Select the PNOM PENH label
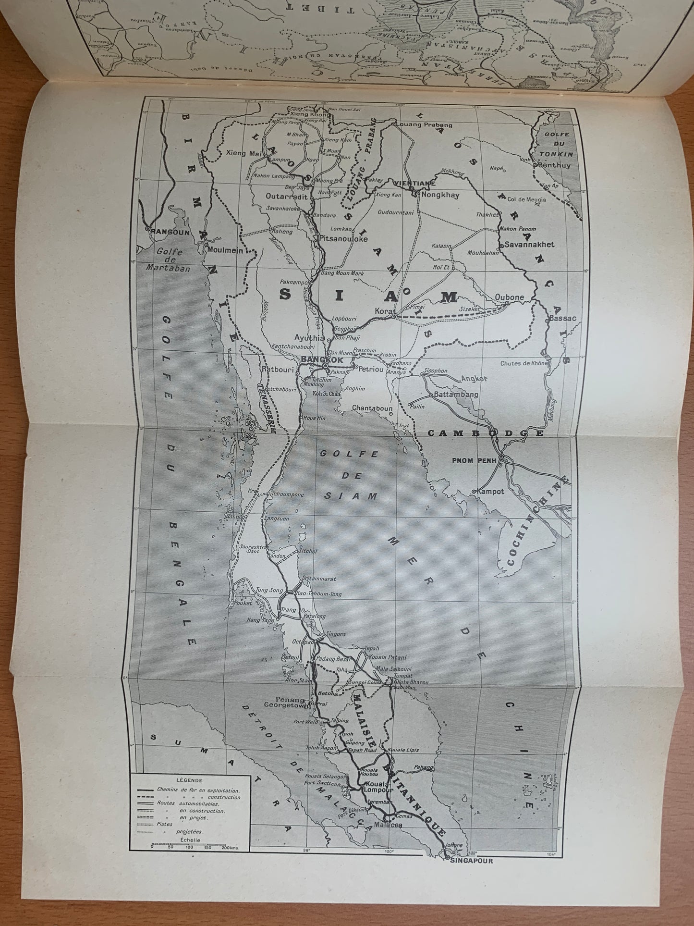pyautogui.click(x=470, y=460)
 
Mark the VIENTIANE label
pyautogui.click(x=414, y=183)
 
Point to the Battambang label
pyautogui.click(x=456, y=395)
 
